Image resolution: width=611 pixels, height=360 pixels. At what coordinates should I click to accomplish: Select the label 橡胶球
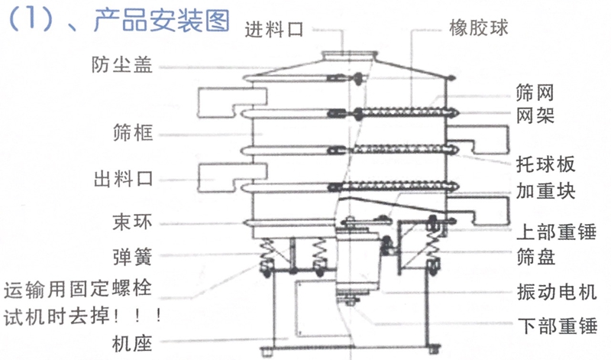(x=480, y=30)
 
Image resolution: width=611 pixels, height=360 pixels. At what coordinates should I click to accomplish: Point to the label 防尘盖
(x=121, y=65)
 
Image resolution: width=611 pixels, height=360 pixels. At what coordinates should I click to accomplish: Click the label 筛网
(x=535, y=95)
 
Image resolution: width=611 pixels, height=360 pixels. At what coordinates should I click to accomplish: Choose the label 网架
(x=535, y=116)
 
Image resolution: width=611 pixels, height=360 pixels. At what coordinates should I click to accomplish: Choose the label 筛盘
(x=535, y=256)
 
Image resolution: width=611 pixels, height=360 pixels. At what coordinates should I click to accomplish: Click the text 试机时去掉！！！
(x=84, y=313)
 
